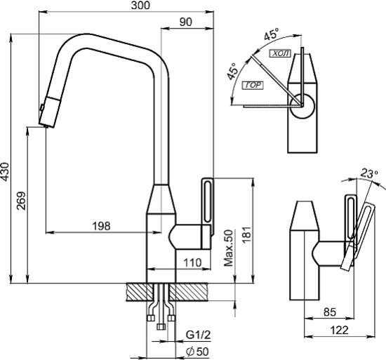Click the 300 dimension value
coord(140,6)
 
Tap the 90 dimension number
coord(185,22)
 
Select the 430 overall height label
coord(5,171)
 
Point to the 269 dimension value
coord(21,201)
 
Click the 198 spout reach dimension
coord(102,226)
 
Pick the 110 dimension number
coord(193,262)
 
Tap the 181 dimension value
coord(248,235)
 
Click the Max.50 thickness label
coord(229,248)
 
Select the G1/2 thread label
coord(198,335)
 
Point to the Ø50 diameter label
coord(197,352)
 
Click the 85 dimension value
coord(330,312)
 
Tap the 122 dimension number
coord(339,330)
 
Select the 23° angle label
coord(369,174)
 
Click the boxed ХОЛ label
coord(281,53)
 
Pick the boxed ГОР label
coord(253,85)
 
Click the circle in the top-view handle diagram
coord(302,106)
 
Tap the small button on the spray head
coord(42,107)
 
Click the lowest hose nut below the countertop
coord(161,326)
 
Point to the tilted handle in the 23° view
coord(358,236)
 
